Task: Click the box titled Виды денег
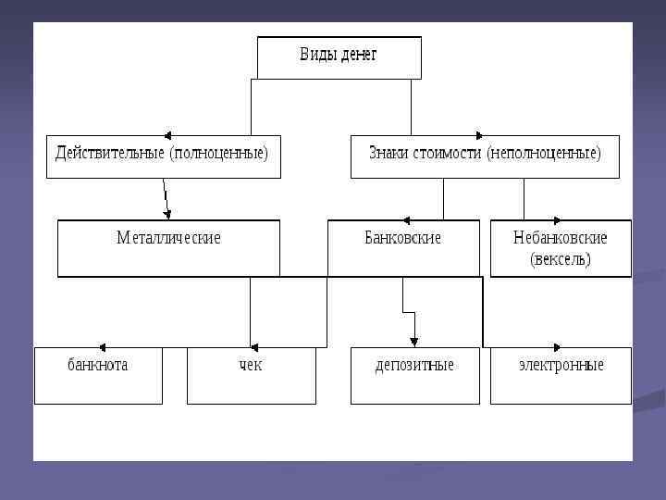339,57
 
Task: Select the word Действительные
110,153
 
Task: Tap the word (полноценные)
218,153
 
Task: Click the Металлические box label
168,238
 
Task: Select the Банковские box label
402,238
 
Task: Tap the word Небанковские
560,238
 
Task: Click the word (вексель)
560,259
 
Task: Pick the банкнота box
98,365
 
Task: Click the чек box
251,365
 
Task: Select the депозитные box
414,365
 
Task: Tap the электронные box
561,365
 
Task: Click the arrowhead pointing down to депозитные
414,342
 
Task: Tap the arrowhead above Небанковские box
557,220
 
